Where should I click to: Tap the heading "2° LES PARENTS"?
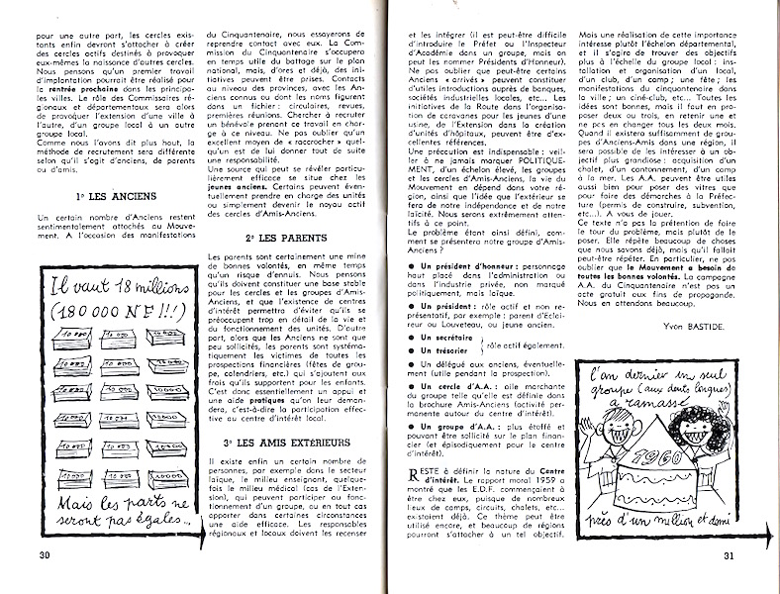(x=280, y=239)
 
